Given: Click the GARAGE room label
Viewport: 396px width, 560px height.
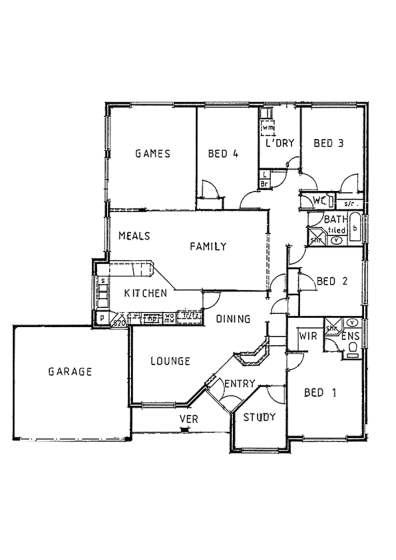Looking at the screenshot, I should (x=70, y=371).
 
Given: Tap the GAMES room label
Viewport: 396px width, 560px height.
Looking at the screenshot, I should (x=153, y=154).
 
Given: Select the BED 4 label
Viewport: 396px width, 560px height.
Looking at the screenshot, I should (x=223, y=154).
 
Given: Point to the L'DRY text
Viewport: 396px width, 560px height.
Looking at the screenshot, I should (x=279, y=143).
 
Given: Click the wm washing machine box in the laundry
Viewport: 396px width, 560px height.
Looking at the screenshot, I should (x=268, y=127).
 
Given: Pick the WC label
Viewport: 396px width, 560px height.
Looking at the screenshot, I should (x=318, y=200).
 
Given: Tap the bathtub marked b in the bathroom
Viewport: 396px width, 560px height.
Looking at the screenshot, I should (x=355, y=229).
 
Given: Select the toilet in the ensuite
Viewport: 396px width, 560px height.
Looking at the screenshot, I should (x=353, y=347).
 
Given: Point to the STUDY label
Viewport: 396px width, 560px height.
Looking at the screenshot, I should (x=259, y=417).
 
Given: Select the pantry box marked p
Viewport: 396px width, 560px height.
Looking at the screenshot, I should (x=100, y=319).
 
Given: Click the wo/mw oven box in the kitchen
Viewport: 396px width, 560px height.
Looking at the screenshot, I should (x=169, y=318).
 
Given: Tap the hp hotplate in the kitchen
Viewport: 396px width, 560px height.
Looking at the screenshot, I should (x=152, y=318).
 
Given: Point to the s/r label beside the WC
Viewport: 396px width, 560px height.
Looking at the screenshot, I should (x=348, y=203).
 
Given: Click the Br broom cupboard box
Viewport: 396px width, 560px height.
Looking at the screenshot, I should (x=264, y=183).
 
